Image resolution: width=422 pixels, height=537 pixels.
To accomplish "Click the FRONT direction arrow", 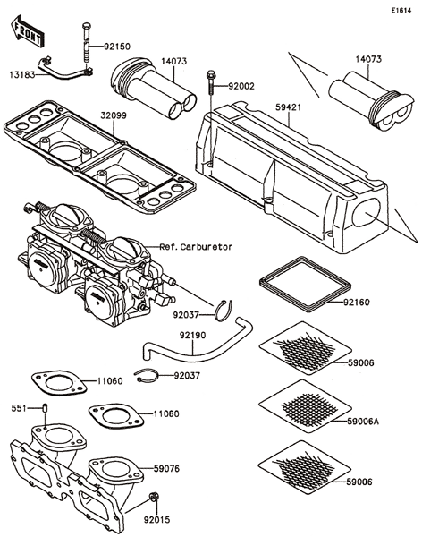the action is tap(27, 31).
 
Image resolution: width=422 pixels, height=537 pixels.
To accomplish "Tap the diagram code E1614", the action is tap(401, 11).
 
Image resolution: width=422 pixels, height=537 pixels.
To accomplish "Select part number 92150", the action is tap(117, 47).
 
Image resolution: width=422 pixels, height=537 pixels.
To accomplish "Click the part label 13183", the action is tap(22, 74).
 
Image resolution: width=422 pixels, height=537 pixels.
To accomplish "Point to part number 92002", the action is tap(241, 86).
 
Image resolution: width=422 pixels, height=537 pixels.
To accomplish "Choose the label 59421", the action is tap(289, 107).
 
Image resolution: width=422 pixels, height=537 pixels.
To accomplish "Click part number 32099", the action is tap(114, 115).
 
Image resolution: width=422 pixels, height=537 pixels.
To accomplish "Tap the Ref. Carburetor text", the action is tap(196, 247).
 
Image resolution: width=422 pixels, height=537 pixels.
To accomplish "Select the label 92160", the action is tap(357, 303).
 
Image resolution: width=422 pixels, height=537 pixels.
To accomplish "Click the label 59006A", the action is tap(363, 421).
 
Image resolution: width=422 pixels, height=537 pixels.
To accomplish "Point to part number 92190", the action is tap(193, 335).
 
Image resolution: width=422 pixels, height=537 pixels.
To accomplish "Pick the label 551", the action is tap(19, 408).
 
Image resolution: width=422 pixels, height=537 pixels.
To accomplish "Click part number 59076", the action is tap(166, 468).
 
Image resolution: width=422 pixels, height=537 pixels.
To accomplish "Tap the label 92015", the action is tap(156, 519).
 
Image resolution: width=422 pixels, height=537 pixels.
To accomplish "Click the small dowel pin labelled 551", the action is tap(45, 409).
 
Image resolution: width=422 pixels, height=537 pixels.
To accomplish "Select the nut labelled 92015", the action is tap(154, 496).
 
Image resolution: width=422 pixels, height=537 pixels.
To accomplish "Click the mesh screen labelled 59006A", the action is tap(305, 406).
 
